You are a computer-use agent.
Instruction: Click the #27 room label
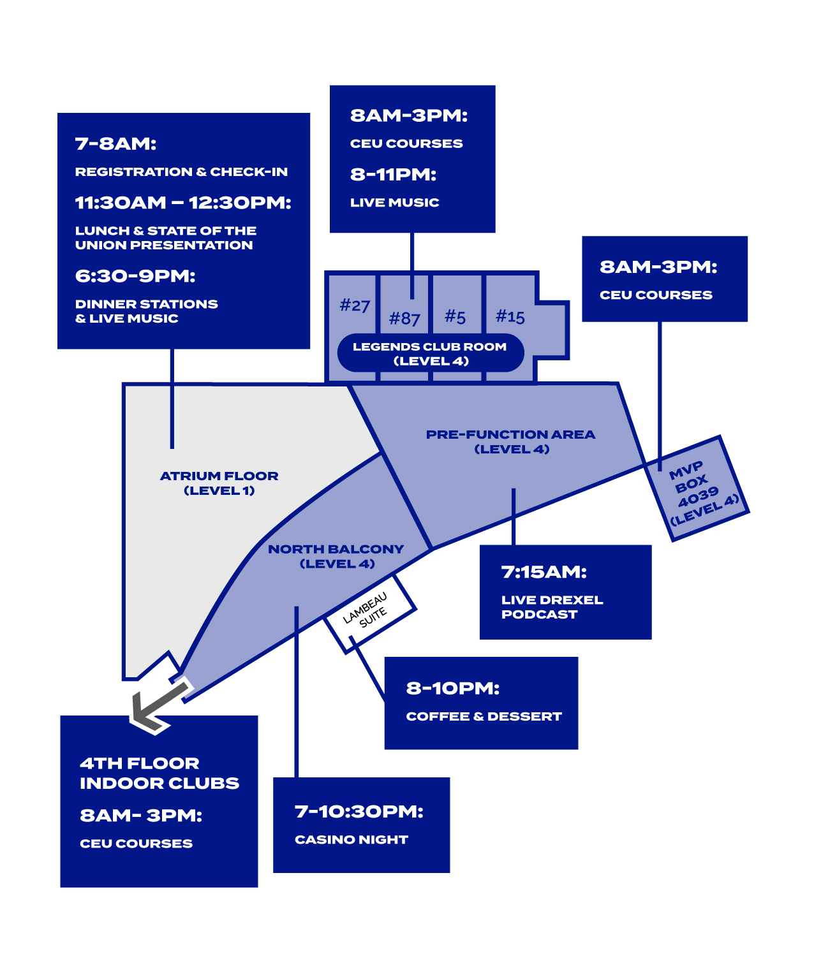click(x=355, y=306)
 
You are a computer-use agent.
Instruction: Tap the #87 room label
click(x=404, y=318)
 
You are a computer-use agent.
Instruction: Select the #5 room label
click(x=455, y=316)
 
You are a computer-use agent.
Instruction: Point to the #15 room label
click(x=510, y=316)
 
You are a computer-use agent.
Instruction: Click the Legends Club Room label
click(x=431, y=353)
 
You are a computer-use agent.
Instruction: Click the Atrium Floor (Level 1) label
click(x=219, y=483)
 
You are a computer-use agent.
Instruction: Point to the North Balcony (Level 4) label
click(x=336, y=556)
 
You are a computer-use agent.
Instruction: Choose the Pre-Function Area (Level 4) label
click(x=511, y=441)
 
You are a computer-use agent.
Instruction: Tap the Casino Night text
click(x=351, y=840)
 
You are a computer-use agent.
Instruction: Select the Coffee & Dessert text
click(x=484, y=717)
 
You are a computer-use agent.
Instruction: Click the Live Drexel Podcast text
click(x=552, y=607)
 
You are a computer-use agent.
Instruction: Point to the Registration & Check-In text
click(x=181, y=172)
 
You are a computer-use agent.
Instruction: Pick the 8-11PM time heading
click(x=393, y=175)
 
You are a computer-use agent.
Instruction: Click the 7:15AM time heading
click(x=544, y=572)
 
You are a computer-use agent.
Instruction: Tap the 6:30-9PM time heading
click(x=135, y=276)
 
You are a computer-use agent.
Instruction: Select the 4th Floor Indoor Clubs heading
click(x=159, y=773)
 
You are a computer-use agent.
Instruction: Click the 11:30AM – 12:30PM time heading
click(x=183, y=203)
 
